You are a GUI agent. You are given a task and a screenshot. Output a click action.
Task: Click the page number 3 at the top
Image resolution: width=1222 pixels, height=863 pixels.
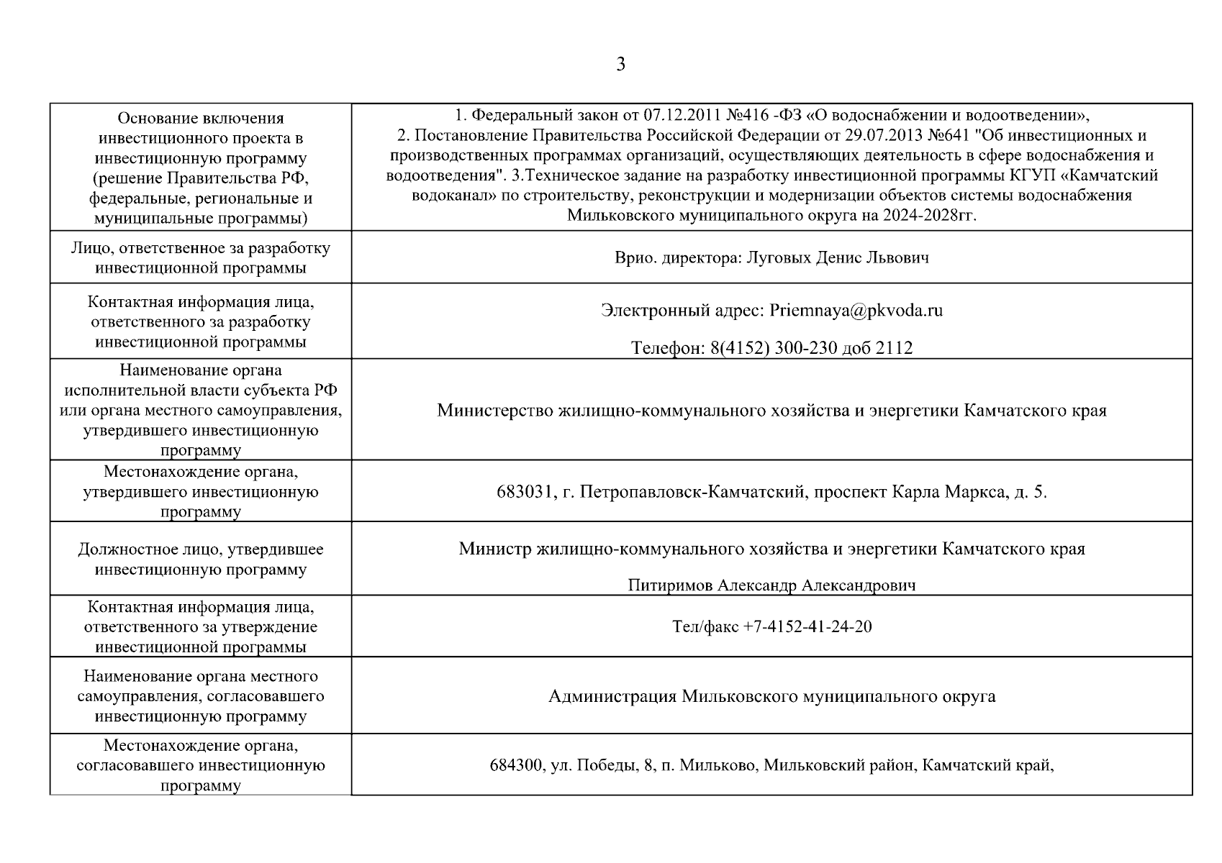620,65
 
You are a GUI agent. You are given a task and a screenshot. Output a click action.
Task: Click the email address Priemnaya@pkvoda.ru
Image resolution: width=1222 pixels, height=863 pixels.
856,311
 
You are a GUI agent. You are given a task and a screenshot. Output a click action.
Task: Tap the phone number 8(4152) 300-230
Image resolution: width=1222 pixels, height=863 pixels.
774,349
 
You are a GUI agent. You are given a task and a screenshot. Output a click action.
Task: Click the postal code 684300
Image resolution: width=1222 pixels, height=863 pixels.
516,766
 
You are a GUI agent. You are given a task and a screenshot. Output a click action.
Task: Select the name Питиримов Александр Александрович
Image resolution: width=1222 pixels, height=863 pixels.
771,585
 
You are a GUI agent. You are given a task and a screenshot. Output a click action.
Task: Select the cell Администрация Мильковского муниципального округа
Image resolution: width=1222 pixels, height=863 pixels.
771,697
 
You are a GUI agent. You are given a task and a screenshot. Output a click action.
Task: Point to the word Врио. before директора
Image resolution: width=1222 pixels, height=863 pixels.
634,257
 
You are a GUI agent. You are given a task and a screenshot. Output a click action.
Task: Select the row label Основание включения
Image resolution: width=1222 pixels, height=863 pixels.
201,118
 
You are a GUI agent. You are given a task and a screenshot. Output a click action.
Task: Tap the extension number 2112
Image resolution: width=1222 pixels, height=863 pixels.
894,349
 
